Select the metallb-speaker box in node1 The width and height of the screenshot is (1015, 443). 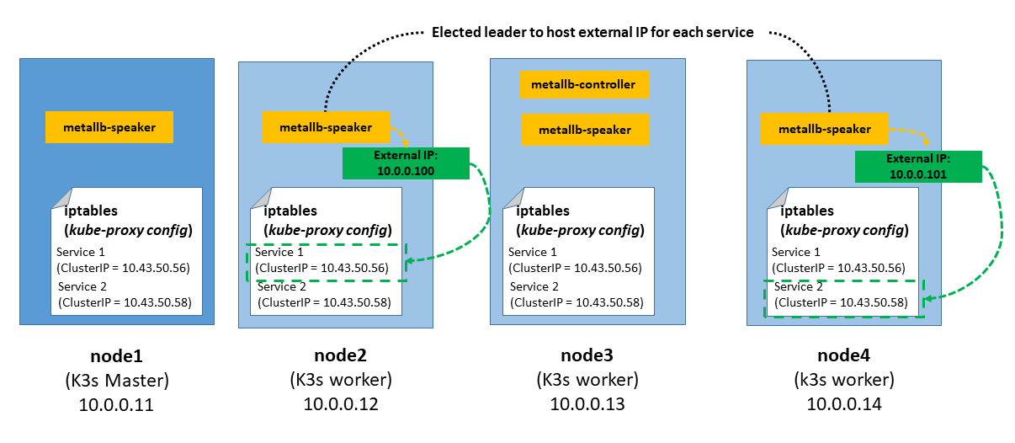109,127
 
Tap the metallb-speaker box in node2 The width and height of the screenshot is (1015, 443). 326,128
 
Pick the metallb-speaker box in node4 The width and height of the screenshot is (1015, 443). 824,129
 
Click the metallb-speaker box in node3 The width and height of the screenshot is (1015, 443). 584,130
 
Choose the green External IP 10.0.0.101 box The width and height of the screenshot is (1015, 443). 918,167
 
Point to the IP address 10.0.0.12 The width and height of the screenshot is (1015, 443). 341,404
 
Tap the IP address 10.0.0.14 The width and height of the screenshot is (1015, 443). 845,404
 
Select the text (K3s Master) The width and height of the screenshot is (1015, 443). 117,380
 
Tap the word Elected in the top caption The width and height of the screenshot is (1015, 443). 458,32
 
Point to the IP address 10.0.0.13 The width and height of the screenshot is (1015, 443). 587,404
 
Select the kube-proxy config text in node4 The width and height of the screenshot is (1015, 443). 845,230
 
